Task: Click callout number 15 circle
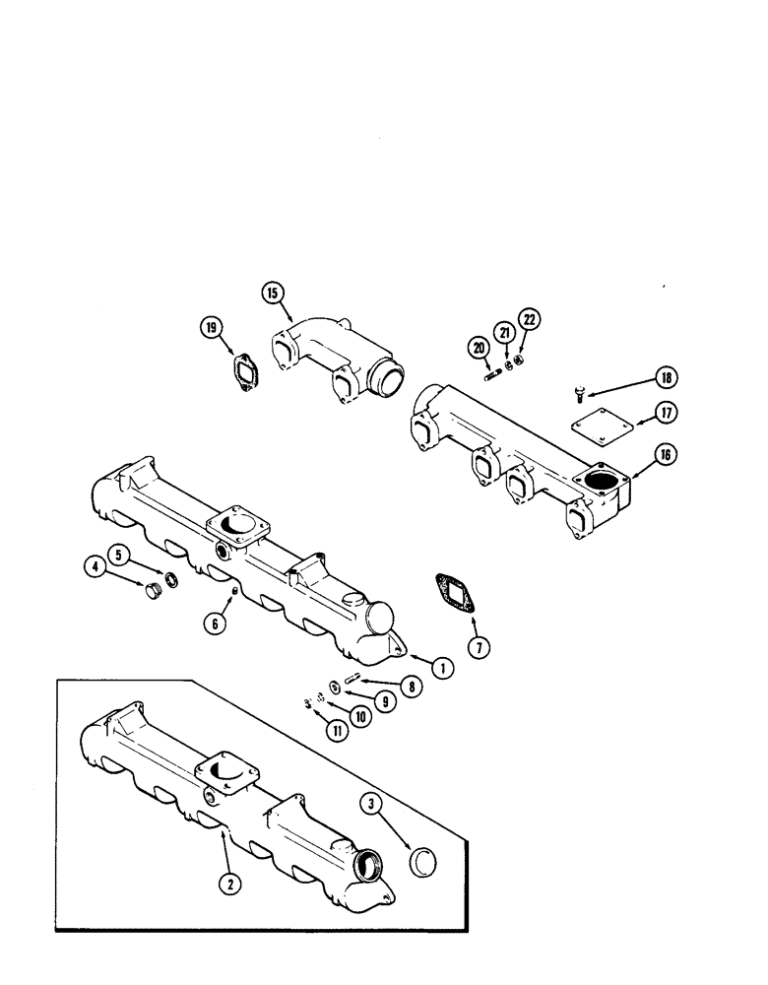pyautogui.click(x=272, y=292)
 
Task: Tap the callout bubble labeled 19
pyautogui.click(x=211, y=329)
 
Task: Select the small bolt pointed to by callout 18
pyautogui.click(x=579, y=395)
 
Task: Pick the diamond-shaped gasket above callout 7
pyautogui.click(x=453, y=599)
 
